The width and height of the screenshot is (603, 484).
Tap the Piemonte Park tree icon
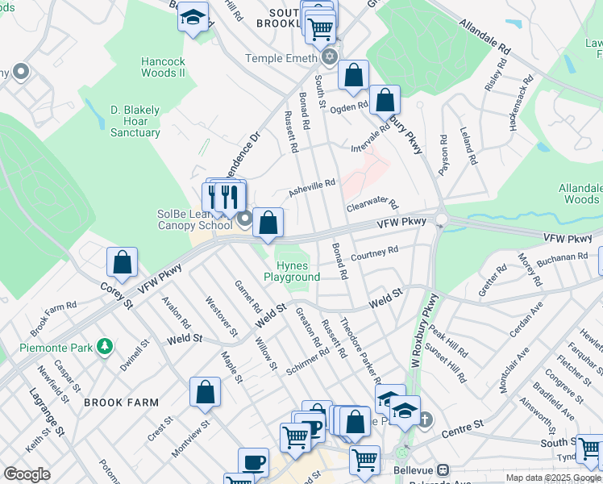pos(103,347)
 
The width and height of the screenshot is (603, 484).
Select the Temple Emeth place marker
pos(329,58)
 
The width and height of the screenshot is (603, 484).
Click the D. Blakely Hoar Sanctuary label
pos(135,121)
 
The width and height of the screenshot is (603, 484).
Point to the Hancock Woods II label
pos(163,67)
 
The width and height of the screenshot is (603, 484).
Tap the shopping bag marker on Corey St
pos(122,261)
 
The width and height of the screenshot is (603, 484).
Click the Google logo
pos(27,474)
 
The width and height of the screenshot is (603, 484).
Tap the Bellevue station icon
pos(443,469)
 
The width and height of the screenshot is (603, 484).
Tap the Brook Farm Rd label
pos(53,318)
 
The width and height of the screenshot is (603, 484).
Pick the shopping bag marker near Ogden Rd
pos(385,101)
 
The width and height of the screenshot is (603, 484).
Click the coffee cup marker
pos(253,463)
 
